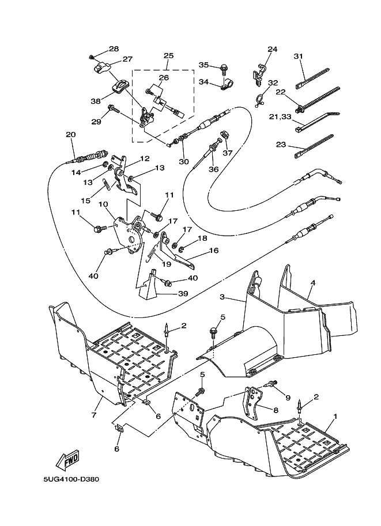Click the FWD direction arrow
(x=67, y=461)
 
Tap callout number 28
(x=113, y=49)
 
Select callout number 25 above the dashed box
(x=168, y=56)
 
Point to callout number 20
(x=70, y=135)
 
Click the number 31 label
(x=298, y=56)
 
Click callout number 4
(x=313, y=283)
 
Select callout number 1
(x=335, y=416)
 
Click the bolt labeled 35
(x=222, y=68)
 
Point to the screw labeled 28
(x=92, y=57)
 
